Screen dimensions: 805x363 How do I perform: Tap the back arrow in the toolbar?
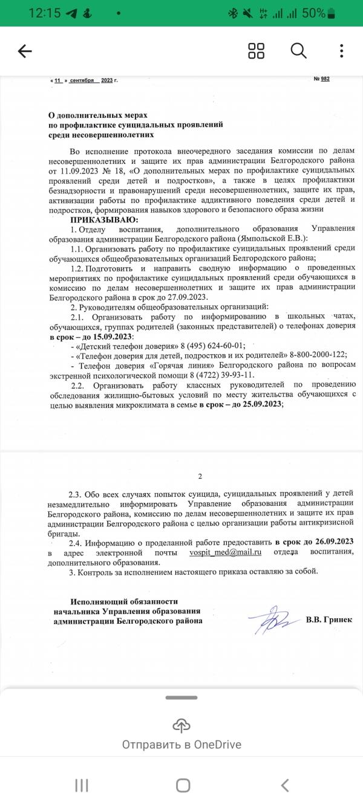click(25, 51)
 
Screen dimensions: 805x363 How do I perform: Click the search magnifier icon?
click(299, 51)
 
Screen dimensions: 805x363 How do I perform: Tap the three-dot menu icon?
click(342, 51)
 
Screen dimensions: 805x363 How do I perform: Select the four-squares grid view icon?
click(257, 51)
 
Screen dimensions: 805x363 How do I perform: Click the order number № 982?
click(321, 79)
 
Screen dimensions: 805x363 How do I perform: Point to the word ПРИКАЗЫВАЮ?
click(104, 219)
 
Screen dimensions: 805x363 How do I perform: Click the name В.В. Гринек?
click(329, 619)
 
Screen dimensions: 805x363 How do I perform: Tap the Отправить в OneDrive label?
click(181, 745)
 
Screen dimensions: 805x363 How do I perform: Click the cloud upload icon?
click(181, 725)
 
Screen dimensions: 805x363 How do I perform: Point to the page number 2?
click(200, 476)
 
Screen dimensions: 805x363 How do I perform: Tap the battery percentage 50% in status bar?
click(315, 13)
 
